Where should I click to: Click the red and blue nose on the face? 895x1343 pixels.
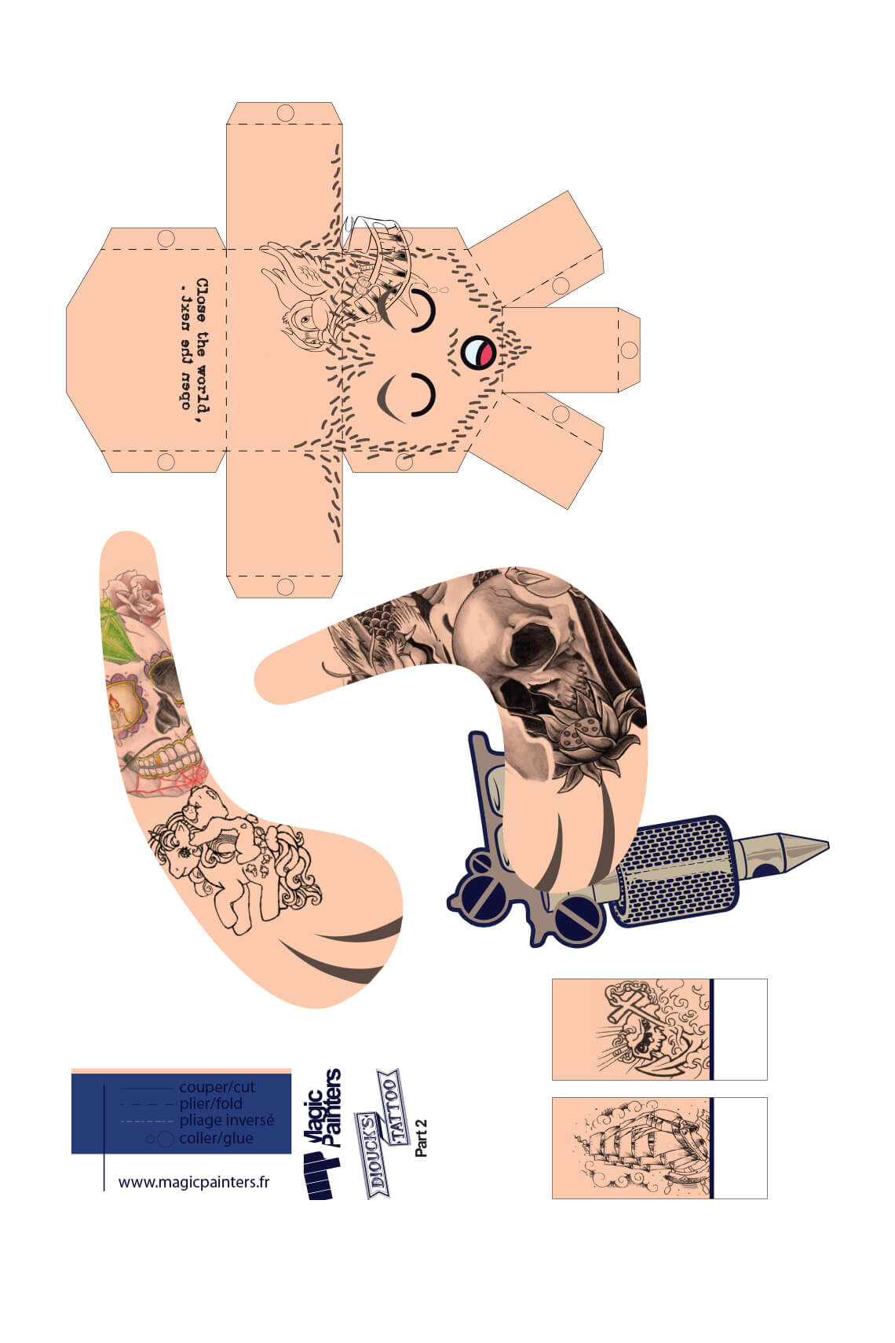coord(477,351)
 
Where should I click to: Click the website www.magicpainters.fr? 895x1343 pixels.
coord(194,1181)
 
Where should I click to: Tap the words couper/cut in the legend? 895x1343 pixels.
coord(217,1088)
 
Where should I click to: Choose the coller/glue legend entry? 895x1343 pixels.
coord(216,1138)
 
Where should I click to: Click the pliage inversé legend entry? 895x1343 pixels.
coord(226,1121)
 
